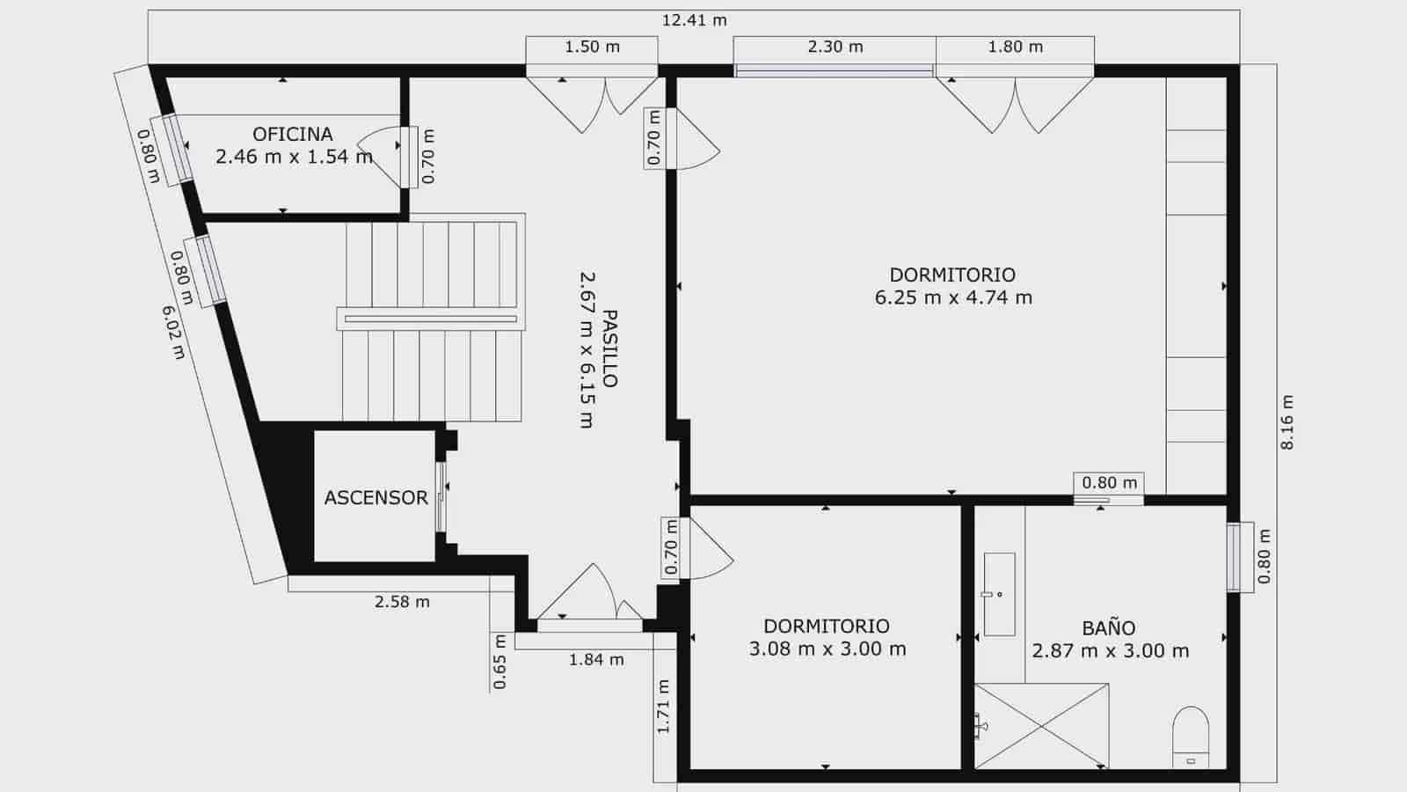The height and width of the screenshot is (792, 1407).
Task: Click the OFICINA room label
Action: [x=292, y=135]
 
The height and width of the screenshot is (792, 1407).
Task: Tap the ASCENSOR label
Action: [x=375, y=498]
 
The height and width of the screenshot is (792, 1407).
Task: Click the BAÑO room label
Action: [x=1108, y=628]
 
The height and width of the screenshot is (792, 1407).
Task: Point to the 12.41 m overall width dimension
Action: [x=694, y=20]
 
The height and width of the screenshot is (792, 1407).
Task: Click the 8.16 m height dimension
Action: [x=1287, y=422]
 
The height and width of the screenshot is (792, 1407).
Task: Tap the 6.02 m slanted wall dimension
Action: [x=173, y=332]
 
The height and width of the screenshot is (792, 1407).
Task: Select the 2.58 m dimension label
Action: [x=402, y=602]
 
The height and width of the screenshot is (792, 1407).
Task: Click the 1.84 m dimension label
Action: [x=596, y=659]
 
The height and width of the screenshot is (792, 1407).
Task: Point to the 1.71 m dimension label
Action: [x=664, y=707]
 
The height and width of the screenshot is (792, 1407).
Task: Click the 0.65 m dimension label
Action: [x=499, y=662]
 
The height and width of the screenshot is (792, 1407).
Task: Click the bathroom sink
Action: [x=999, y=594]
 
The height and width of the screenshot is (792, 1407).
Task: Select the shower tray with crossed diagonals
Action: [x=1041, y=725]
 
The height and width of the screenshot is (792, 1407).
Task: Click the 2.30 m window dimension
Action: [x=835, y=47]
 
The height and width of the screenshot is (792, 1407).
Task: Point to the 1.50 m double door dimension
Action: [x=592, y=47]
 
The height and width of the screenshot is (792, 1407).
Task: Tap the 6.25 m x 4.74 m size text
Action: [x=953, y=297]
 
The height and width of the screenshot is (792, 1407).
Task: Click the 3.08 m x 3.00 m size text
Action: [x=827, y=649]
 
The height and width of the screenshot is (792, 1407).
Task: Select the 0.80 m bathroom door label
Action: [x=1109, y=482]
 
